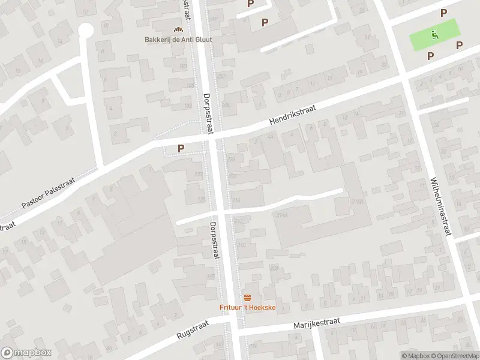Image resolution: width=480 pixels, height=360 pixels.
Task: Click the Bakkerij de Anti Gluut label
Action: click(178, 40)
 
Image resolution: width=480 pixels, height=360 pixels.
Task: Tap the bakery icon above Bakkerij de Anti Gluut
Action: click(178, 29)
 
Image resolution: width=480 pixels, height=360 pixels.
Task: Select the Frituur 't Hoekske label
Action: click(247, 308)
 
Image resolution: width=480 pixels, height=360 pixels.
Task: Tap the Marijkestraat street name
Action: click(317, 324)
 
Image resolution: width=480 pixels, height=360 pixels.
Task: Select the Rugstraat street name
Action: click(192, 331)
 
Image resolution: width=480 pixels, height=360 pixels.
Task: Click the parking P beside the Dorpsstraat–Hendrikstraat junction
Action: click(180, 148)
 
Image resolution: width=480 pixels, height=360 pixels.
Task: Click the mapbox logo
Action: click(25, 352)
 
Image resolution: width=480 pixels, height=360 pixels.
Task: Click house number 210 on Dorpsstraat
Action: click(241, 245)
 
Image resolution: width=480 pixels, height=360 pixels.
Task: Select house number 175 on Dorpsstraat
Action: click(201, 199)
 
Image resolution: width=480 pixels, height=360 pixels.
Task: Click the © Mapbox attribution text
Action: click(416, 356)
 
